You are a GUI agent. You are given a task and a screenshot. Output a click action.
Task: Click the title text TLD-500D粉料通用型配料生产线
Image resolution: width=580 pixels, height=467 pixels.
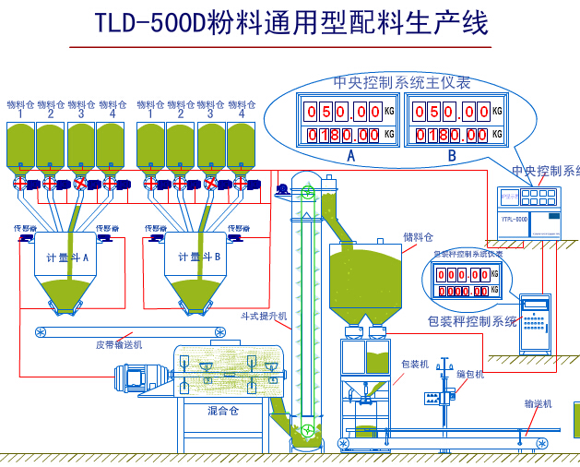(x=291, y=23)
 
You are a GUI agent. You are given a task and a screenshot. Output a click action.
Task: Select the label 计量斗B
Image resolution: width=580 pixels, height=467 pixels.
(x=197, y=257)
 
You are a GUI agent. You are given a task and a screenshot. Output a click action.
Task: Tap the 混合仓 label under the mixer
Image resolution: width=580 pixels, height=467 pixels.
(x=222, y=411)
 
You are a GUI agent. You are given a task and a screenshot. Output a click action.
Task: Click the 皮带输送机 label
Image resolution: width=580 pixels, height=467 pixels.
(x=119, y=344)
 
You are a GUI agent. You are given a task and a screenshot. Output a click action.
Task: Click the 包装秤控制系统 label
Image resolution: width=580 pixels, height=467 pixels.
(x=473, y=321)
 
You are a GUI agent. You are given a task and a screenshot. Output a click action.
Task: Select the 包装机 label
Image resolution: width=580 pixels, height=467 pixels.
(x=415, y=364)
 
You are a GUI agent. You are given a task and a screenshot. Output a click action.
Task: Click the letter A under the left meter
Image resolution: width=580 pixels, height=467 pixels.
(x=350, y=156)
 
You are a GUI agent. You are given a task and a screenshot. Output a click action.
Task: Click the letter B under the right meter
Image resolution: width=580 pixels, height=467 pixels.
(x=452, y=156)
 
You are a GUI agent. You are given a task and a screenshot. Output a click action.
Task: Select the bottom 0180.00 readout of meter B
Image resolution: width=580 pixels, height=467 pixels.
(x=450, y=135)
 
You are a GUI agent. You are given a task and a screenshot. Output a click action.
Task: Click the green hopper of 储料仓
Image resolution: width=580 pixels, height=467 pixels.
(x=373, y=277)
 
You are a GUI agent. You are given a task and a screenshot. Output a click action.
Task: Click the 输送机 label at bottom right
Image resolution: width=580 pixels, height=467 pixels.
(x=538, y=403)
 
